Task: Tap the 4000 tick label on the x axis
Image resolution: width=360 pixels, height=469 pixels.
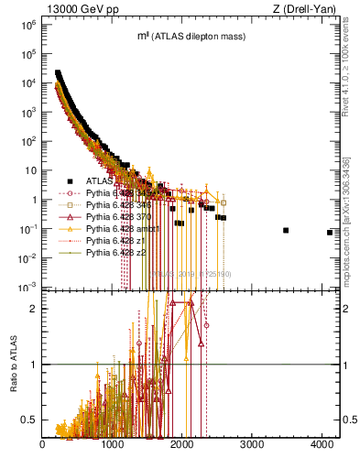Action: click(322, 445)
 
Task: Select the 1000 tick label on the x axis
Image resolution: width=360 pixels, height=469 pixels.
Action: click(113, 445)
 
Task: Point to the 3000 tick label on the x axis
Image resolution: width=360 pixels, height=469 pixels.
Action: click(252, 445)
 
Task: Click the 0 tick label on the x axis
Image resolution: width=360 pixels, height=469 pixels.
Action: click(43, 445)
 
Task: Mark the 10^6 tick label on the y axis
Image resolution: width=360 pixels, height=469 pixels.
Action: click(27, 26)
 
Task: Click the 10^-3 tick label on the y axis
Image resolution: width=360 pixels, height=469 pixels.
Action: click(27, 287)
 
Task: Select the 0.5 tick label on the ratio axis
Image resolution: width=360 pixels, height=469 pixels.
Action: click(29, 420)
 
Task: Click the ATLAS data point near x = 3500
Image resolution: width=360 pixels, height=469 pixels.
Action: click(286, 230)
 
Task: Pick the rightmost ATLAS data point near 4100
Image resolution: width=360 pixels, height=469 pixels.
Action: click(329, 233)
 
